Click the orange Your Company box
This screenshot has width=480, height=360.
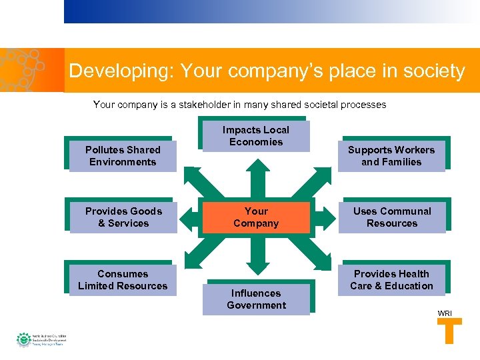[x=256, y=217]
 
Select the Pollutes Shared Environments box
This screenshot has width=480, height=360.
[x=123, y=156]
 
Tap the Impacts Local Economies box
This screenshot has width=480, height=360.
[x=256, y=136]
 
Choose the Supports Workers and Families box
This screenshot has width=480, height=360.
[x=391, y=156]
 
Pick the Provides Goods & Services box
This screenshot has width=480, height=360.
[x=123, y=217]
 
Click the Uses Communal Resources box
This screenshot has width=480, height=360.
[x=392, y=217]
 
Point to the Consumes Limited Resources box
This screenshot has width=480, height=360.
[x=123, y=280]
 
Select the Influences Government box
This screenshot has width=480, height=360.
[x=256, y=299]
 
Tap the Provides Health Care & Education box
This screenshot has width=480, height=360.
[x=392, y=280]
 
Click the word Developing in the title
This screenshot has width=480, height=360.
[x=114, y=71]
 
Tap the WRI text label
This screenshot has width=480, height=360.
[x=444, y=313]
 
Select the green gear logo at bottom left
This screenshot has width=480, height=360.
[x=24, y=339]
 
